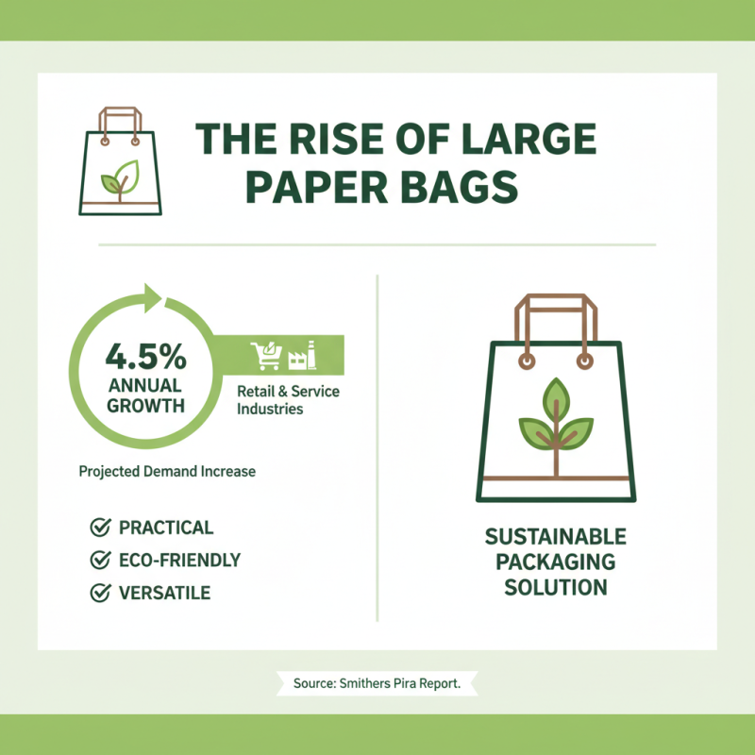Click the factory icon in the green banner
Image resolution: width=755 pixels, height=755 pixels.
tap(302, 355)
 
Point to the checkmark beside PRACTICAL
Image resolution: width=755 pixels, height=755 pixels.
tap(98, 528)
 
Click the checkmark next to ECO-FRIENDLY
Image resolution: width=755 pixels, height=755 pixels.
tap(98, 561)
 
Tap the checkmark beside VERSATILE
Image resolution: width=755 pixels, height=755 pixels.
tap(98, 593)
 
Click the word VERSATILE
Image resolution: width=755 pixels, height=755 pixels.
tap(164, 593)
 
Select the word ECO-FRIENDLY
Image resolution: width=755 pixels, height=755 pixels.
tap(179, 561)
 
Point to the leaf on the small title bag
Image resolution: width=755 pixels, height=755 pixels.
tap(121, 176)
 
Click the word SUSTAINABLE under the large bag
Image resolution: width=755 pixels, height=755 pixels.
tap(555, 537)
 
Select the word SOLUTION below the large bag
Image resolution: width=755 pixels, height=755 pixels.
tap(555, 587)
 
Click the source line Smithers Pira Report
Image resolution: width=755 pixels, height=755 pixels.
tap(377, 683)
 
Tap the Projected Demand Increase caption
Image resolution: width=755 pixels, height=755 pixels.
tap(167, 471)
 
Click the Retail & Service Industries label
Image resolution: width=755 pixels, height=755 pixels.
tap(281, 400)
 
